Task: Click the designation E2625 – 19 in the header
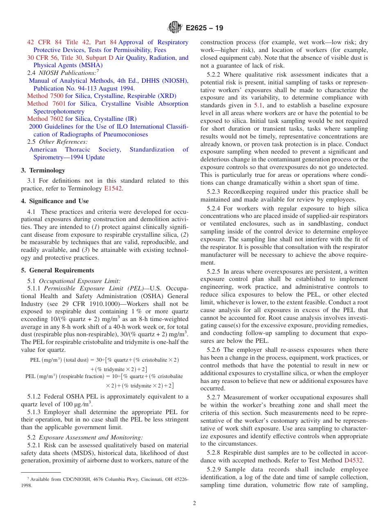click(204, 28)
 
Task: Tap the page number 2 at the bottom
click(194, 503)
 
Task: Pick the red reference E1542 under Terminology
click(113, 188)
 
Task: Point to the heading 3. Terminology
click(43, 170)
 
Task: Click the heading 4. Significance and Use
click(54, 201)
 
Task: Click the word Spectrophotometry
click(59, 111)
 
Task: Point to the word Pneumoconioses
click(122, 134)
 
